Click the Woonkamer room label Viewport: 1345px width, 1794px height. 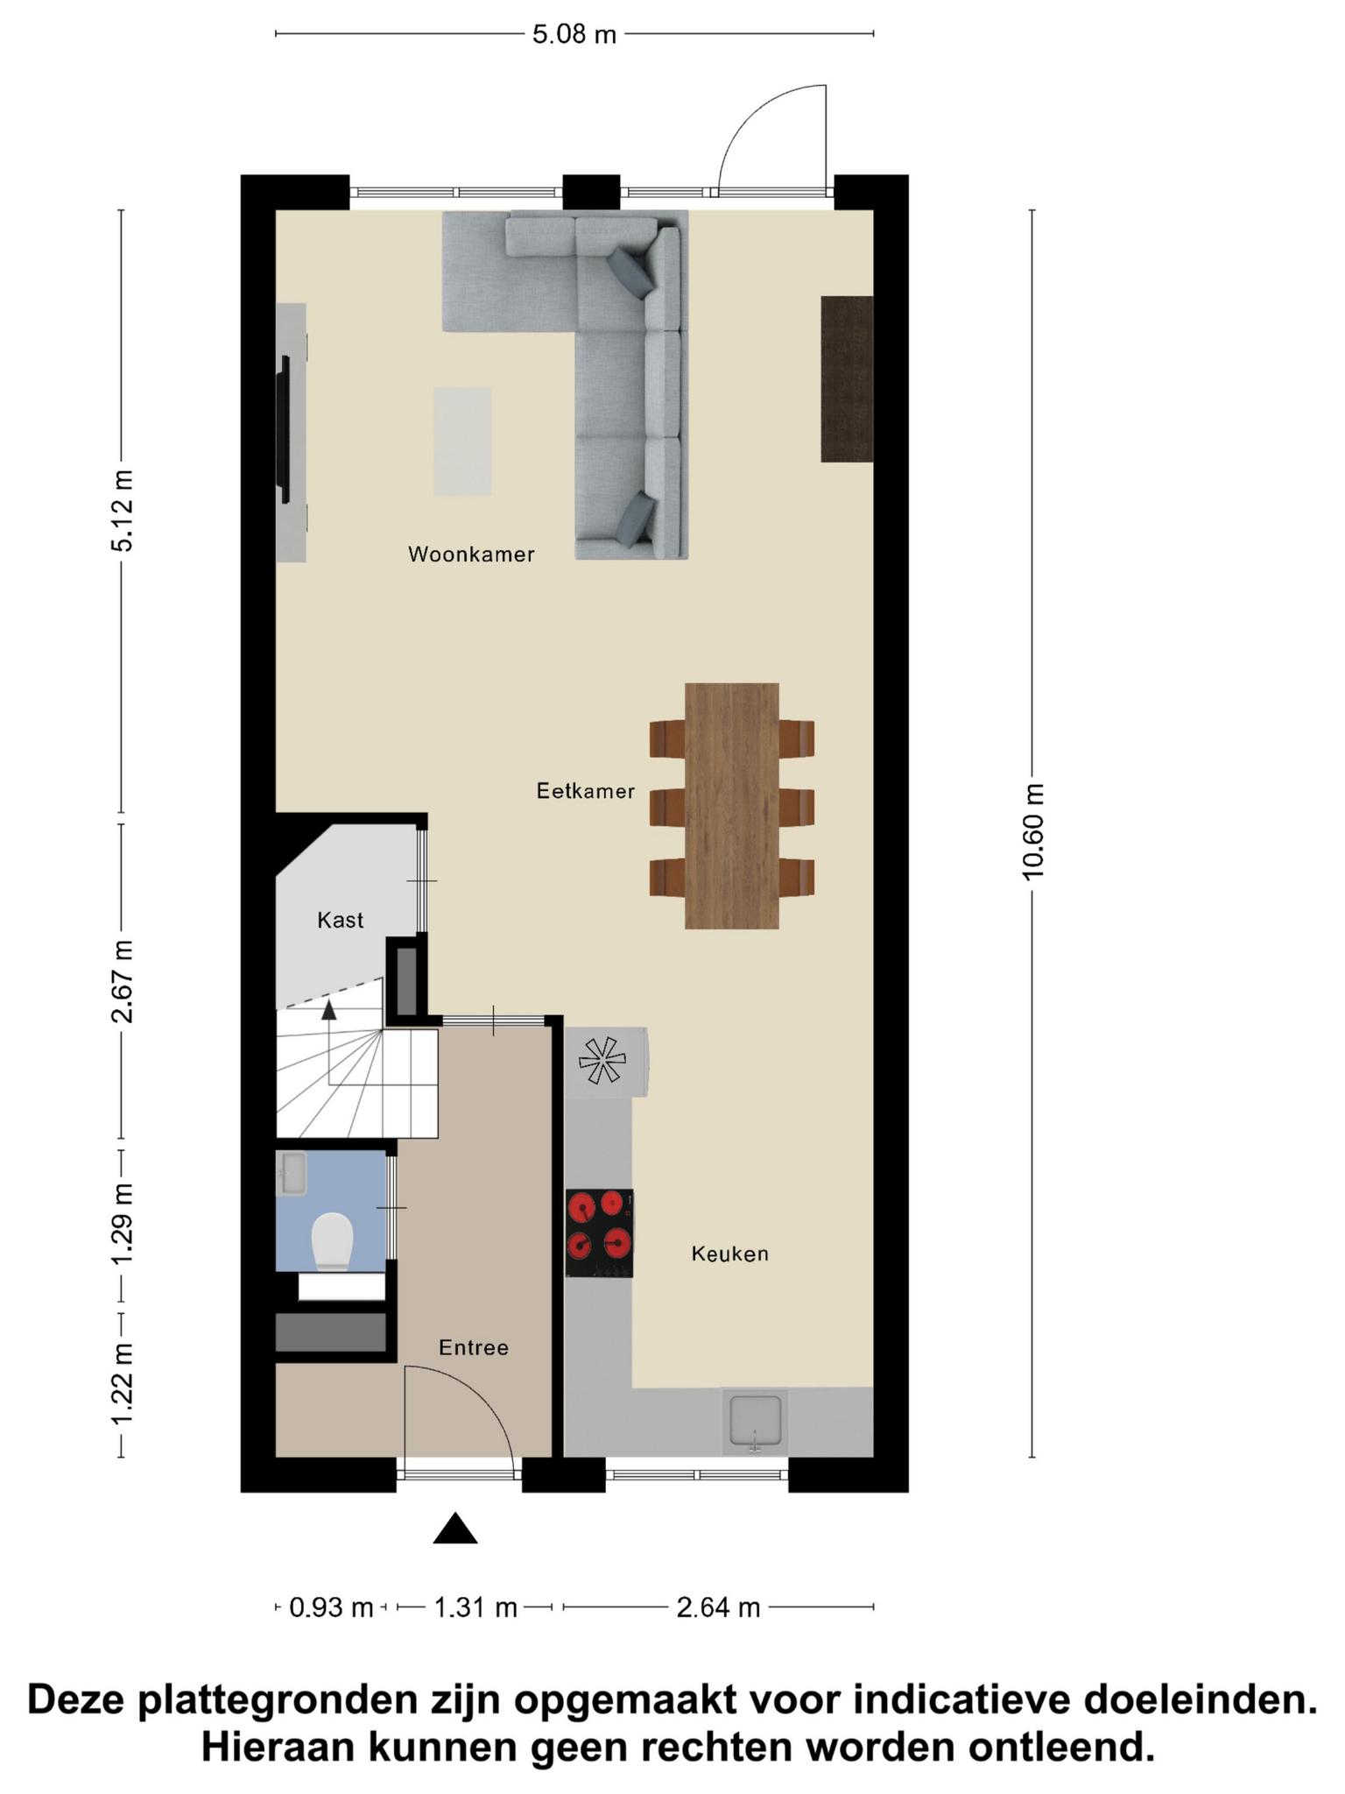click(471, 554)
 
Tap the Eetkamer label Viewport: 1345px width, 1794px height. click(586, 791)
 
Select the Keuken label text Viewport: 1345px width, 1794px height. click(730, 1254)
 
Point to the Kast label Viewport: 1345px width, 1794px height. click(341, 920)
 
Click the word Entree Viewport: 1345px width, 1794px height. click(474, 1347)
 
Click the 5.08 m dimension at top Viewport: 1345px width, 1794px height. click(574, 34)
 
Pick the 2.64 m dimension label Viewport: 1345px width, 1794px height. click(718, 1607)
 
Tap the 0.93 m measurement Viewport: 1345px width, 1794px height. click(331, 1607)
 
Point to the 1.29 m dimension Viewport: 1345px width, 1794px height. click(123, 1224)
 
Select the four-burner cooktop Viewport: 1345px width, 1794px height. click(600, 1232)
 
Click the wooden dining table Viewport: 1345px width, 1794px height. click(732, 806)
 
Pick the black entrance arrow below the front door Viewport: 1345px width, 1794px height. click(455, 1529)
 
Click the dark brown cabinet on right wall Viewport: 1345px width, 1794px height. click(847, 378)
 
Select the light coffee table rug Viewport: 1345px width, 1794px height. click(463, 441)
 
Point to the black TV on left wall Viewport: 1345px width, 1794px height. click(283, 429)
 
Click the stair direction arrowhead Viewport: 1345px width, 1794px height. click(328, 1010)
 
